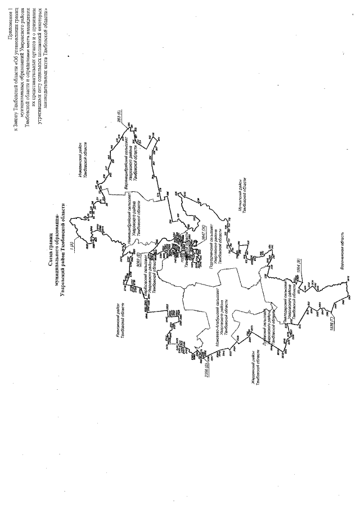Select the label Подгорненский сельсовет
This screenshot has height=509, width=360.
tap(211, 245)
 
